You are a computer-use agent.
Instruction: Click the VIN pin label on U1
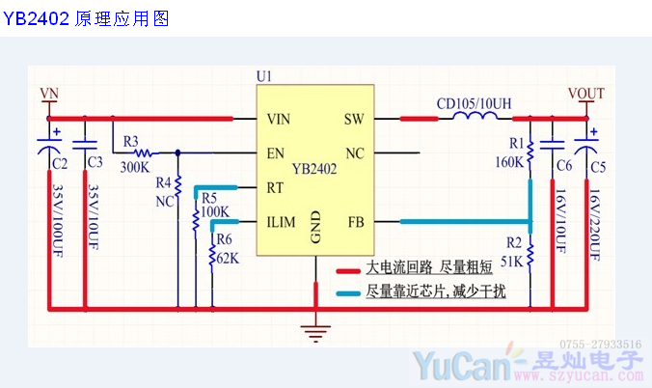[279, 120]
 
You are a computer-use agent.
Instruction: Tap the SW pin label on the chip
[353, 120]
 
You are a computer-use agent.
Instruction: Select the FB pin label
[354, 222]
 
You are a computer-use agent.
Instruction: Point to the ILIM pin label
[282, 222]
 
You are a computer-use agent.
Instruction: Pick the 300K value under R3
[135, 167]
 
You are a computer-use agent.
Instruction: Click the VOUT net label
[585, 94]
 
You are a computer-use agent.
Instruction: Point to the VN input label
[49, 94]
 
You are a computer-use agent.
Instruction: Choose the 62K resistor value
[228, 258]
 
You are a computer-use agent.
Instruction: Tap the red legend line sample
[348, 267]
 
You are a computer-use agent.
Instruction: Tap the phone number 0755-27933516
[600, 344]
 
